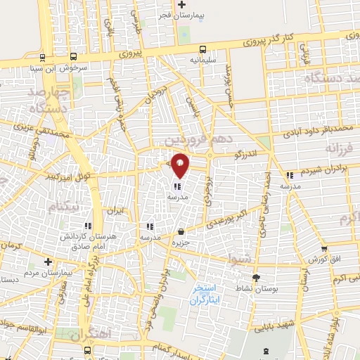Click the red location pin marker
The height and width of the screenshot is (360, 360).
[180, 165]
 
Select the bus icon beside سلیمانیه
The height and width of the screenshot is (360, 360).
[202, 49]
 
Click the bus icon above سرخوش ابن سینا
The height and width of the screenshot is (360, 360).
[44, 58]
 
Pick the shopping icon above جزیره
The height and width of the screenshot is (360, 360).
[181, 231]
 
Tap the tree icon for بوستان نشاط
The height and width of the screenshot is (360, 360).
[256, 277]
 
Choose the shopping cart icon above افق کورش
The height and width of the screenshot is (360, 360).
[323, 248]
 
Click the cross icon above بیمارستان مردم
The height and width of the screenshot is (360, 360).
[48, 261]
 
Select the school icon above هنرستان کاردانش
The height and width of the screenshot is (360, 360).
[88, 226]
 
